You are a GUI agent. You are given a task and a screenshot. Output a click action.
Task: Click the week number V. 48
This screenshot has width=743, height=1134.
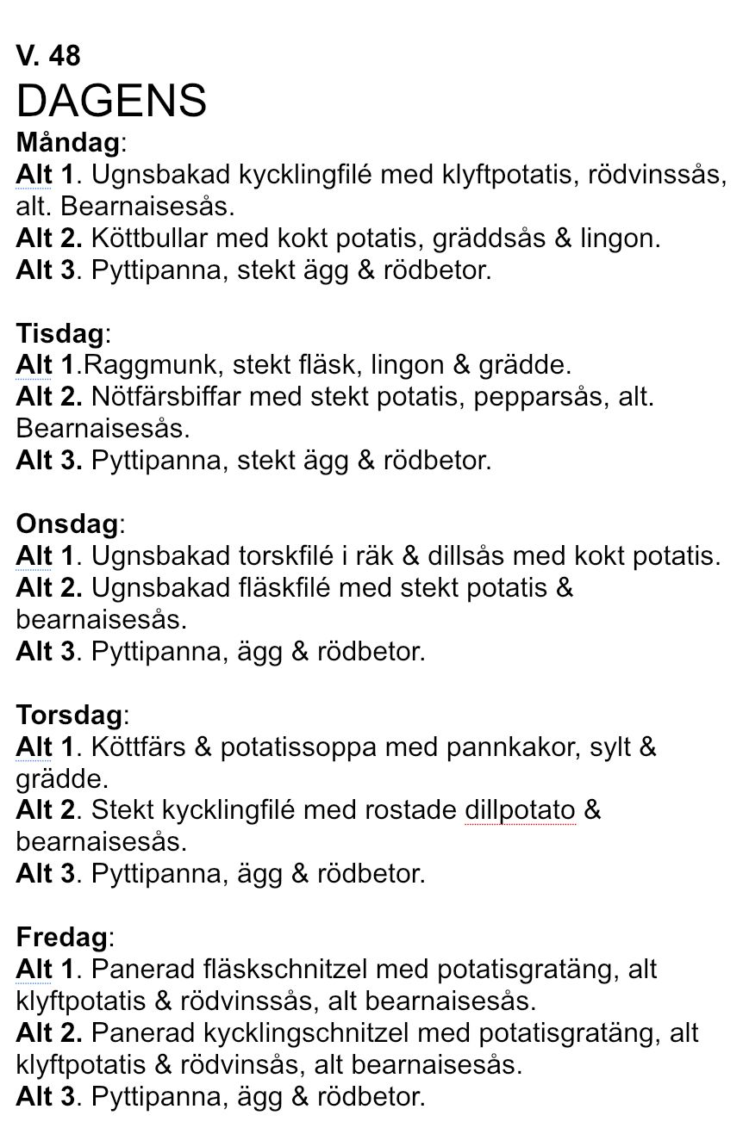pyautogui.click(x=48, y=56)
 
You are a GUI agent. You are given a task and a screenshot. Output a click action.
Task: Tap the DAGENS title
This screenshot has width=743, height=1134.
pyautogui.click(x=111, y=101)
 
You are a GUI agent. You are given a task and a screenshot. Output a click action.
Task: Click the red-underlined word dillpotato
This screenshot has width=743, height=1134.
pyautogui.click(x=520, y=811)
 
